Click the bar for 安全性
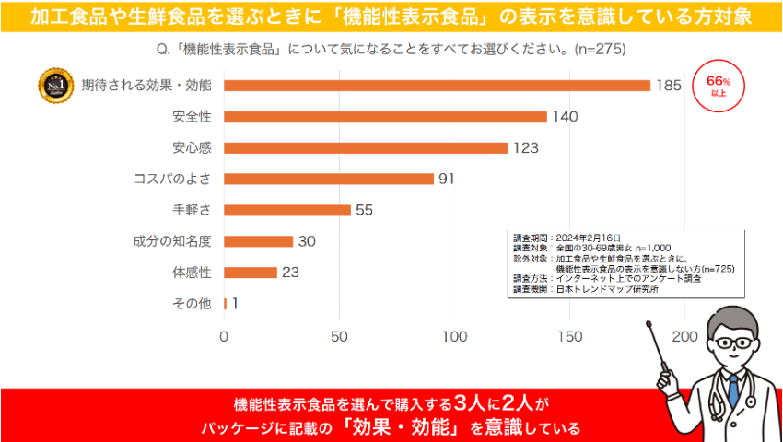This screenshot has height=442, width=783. coord(385,117)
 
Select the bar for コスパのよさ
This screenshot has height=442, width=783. coord(329,179)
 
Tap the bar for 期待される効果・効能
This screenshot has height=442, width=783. coord(437,86)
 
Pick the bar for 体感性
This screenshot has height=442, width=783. coord(251,273)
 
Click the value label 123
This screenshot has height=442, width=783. coord(526,148)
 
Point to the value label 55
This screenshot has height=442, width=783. coord(364,210)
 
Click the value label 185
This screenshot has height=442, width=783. coord(669,86)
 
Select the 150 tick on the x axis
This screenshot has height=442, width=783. coord(570,337)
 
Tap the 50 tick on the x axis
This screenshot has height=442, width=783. coord(339,337)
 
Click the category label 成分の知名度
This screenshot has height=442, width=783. coord(172,241)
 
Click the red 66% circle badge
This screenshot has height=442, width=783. coord(718,86)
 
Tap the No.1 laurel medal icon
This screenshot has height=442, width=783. coord(52,86)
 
